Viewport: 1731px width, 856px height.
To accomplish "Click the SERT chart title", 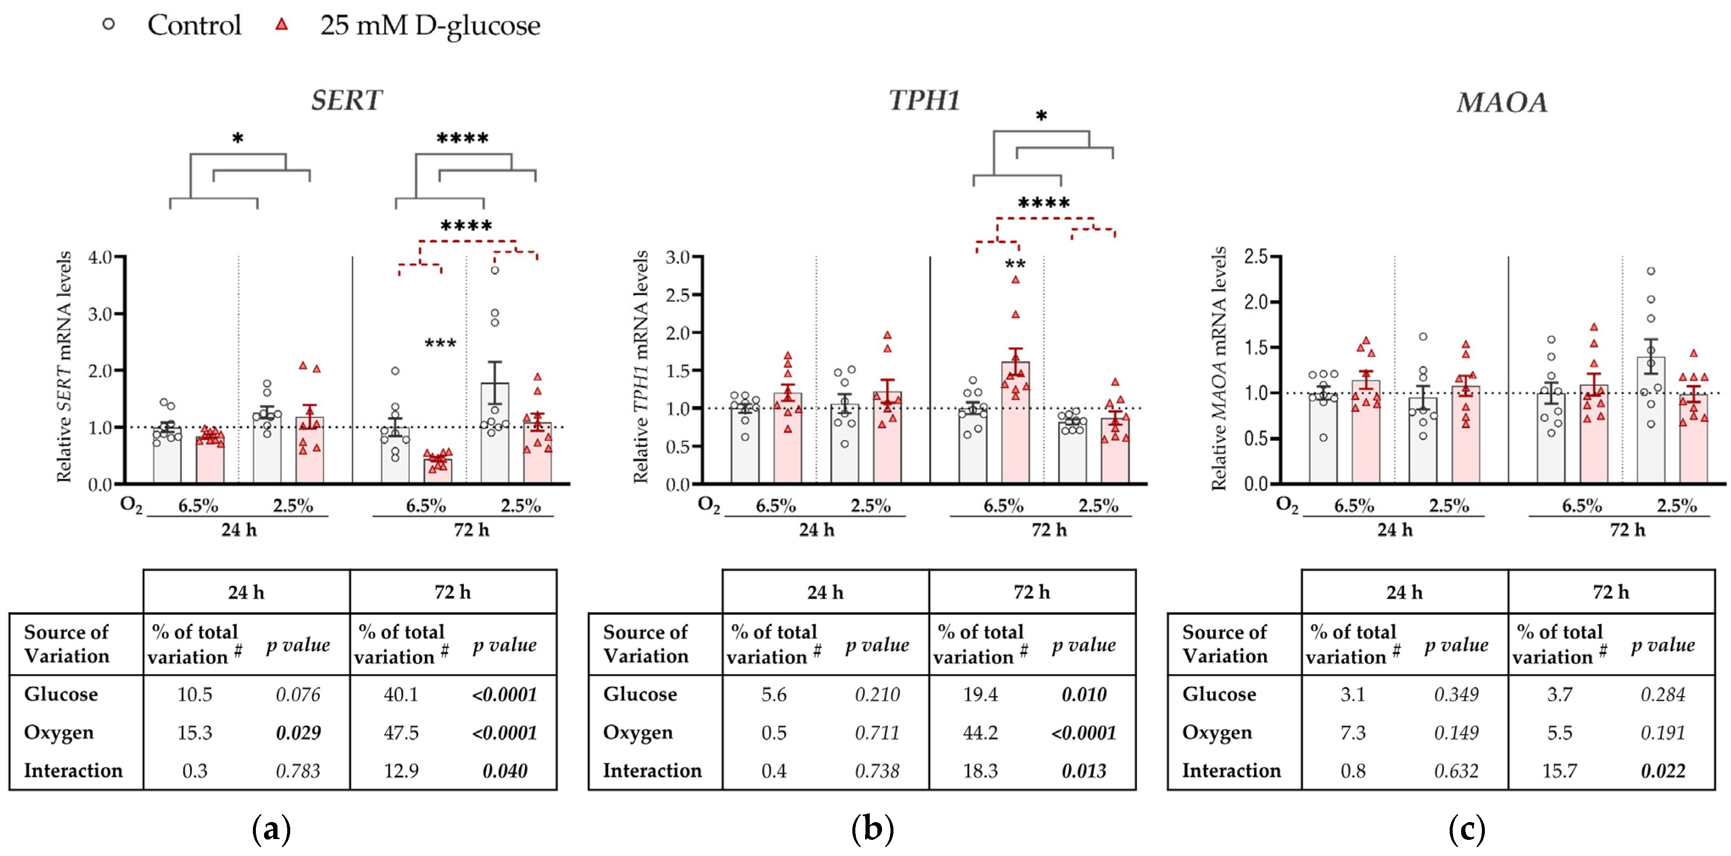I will [x=347, y=101].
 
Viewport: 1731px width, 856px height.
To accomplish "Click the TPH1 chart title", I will [x=925, y=101].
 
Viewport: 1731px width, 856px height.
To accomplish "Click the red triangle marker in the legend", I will [x=282, y=24].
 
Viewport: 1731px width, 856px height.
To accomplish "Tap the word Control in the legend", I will [x=194, y=25].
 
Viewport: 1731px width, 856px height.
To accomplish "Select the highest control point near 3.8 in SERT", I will [x=494, y=270].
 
